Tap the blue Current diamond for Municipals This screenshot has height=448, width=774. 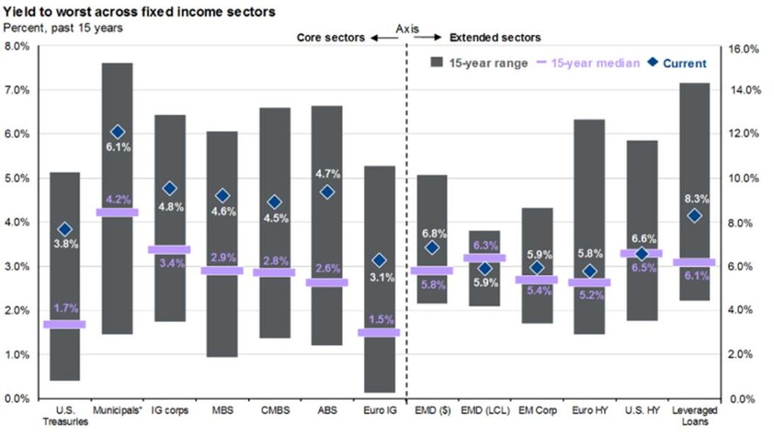point(117,132)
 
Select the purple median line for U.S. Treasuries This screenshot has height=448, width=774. point(64,324)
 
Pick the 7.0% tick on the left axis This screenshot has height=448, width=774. point(17,90)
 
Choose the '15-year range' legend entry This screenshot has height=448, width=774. point(479,63)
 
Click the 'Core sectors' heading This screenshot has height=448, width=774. point(330,37)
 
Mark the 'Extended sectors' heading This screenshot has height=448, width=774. point(495,37)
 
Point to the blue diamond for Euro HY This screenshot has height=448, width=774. point(590,271)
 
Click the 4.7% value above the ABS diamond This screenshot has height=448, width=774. point(328,174)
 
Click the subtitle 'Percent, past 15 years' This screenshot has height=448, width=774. point(53,28)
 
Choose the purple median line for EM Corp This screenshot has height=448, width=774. point(537,280)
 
